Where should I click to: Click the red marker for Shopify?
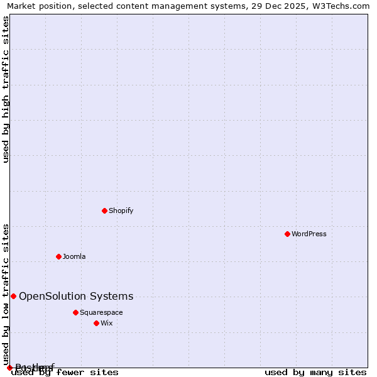click(x=105, y=210)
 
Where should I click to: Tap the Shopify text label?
click(x=121, y=211)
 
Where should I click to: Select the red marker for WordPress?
click(x=287, y=234)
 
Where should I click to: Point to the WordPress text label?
click(x=309, y=234)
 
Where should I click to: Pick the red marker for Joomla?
click(x=58, y=256)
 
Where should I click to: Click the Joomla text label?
click(x=74, y=257)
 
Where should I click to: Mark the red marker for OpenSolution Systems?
click(x=13, y=296)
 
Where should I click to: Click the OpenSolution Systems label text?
click(x=76, y=297)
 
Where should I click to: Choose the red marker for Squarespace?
click(x=75, y=312)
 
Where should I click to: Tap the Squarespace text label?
click(x=101, y=313)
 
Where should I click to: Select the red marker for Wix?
click(x=96, y=323)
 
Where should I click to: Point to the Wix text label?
click(x=106, y=324)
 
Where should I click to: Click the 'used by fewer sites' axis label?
click(x=65, y=373)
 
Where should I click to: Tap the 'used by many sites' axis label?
click(x=315, y=373)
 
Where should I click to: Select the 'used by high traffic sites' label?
click(x=6, y=89)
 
